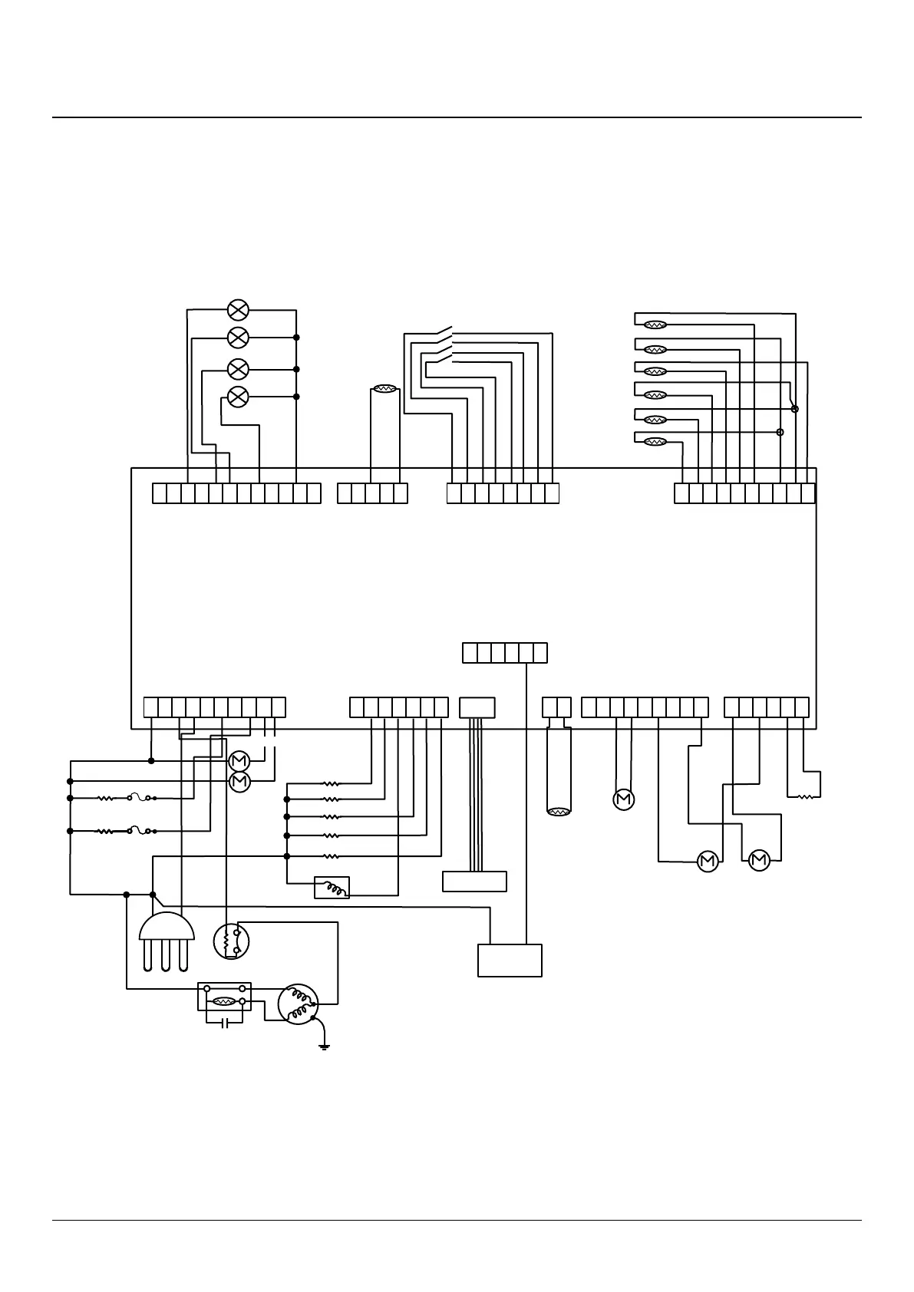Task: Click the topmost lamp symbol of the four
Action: pos(239,310)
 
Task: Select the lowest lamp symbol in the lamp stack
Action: pos(239,397)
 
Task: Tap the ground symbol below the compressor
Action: pos(325,1046)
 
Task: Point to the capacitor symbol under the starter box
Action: pos(224,1023)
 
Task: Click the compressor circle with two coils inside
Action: pos(298,1004)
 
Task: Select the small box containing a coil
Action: pos(332,888)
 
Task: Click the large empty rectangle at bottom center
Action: pos(510,960)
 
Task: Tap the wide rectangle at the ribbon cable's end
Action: pos(475,882)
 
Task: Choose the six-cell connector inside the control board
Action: pos(505,653)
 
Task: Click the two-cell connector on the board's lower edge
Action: pos(556,707)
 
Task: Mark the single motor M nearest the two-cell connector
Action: pos(624,800)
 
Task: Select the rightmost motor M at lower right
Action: pos(759,861)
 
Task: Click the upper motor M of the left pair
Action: pos(239,761)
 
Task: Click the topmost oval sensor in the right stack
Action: pos(655,325)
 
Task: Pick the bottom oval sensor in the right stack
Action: pos(655,442)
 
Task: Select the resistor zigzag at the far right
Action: pos(806,797)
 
